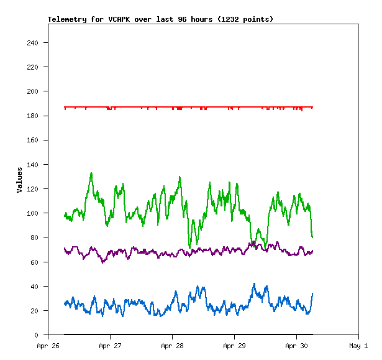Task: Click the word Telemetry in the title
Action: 67,19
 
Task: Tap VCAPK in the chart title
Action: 119,19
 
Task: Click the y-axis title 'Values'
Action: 19,180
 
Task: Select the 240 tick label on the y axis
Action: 33,43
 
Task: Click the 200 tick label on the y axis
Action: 33,91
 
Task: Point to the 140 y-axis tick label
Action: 33,165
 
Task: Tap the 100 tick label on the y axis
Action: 33,213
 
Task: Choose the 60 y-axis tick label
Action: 35,262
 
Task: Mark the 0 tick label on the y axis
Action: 37,336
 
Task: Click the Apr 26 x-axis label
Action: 48,346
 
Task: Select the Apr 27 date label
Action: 110,346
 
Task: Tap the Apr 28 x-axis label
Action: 172,346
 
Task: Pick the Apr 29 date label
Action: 234,346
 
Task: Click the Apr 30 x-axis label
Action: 296,346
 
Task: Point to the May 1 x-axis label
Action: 358,346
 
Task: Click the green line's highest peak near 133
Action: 91,173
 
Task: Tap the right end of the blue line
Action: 312,293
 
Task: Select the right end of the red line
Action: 312,107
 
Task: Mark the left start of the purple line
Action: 65,249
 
